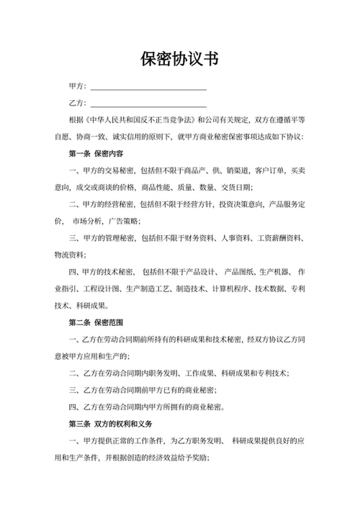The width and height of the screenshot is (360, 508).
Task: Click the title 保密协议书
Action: pos(180,58)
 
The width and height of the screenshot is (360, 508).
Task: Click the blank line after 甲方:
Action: pos(148,86)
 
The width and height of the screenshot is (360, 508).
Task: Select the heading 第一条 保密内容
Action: pos(96,153)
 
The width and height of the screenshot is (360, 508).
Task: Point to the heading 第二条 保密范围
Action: pos(96,322)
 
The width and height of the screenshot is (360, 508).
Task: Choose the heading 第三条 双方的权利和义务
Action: pos(115,425)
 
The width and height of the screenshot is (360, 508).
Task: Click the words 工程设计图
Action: pos(105,289)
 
